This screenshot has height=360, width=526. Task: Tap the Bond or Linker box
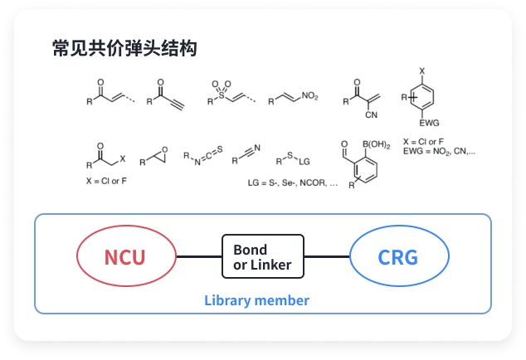pyautogui.click(x=262, y=256)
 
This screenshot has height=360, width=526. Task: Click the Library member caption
pyautogui.click(x=257, y=300)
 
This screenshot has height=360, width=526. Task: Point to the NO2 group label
pyautogui.click(x=309, y=97)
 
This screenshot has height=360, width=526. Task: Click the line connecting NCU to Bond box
pyautogui.click(x=199, y=256)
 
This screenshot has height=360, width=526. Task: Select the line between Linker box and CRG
pyautogui.click(x=327, y=256)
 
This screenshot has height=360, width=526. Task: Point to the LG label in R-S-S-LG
pyautogui.click(x=304, y=160)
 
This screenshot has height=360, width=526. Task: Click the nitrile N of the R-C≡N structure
pyautogui.click(x=257, y=147)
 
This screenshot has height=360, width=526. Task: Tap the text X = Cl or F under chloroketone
pyautogui.click(x=105, y=180)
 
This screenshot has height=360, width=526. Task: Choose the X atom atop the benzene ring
pyautogui.click(x=422, y=71)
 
